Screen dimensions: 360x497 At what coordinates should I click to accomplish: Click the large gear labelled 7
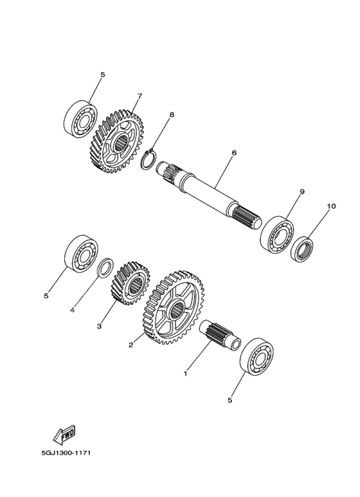pyautogui.click(x=118, y=141)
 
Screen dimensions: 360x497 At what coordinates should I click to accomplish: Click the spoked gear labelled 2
pyautogui.click(x=174, y=308)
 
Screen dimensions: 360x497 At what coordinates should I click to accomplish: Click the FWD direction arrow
pyautogui.click(x=64, y=433)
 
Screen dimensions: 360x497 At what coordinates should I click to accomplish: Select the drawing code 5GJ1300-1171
pyautogui.click(x=66, y=453)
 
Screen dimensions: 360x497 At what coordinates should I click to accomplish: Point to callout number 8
pyautogui.click(x=172, y=114)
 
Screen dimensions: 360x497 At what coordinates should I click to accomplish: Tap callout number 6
pyautogui.click(x=234, y=153)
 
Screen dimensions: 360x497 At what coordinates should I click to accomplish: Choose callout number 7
pyautogui.click(x=139, y=96)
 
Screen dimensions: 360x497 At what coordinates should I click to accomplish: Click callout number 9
pyautogui.click(x=301, y=192)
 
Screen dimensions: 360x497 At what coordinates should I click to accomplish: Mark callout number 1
pyautogui.click(x=185, y=374)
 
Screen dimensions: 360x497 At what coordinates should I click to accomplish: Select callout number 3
pyautogui.click(x=99, y=326)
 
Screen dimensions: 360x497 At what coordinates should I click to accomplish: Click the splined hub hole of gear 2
pyautogui.click(x=176, y=310)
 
